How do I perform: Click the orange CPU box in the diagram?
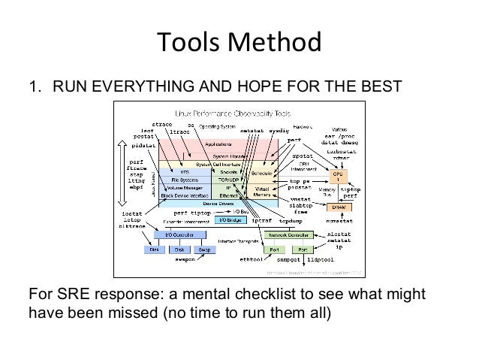[x=337, y=175]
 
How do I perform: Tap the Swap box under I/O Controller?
[x=203, y=250]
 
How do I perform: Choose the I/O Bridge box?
[x=230, y=219]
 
